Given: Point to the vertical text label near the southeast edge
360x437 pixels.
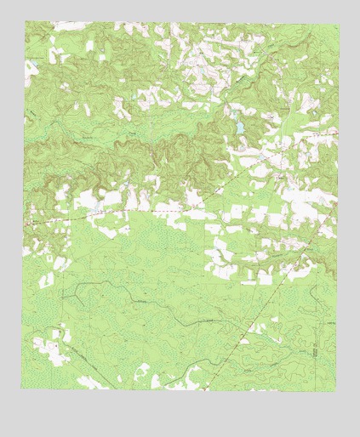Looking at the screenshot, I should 314,349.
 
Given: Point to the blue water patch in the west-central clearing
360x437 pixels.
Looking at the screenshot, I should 98,204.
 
